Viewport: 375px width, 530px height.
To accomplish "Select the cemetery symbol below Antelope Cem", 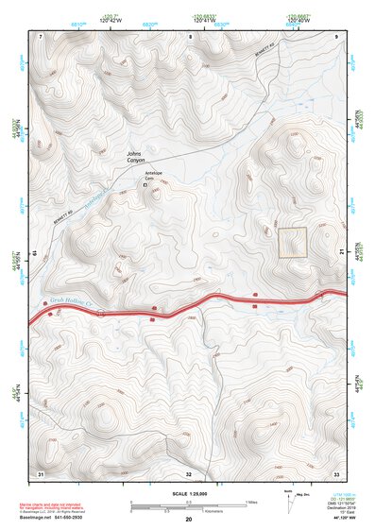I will (x=145, y=186).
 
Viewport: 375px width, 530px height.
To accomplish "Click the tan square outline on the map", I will (x=292, y=242).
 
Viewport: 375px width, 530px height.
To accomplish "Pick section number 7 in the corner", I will (x=42, y=36).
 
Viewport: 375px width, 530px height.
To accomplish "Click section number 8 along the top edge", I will (x=190, y=36).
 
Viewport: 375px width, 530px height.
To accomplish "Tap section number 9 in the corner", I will (x=336, y=36).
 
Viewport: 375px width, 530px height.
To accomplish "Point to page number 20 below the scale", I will (x=189, y=519).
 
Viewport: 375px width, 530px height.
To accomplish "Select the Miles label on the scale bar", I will (x=251, y=502).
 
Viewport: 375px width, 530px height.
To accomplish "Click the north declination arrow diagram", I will (x=286, y=501).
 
